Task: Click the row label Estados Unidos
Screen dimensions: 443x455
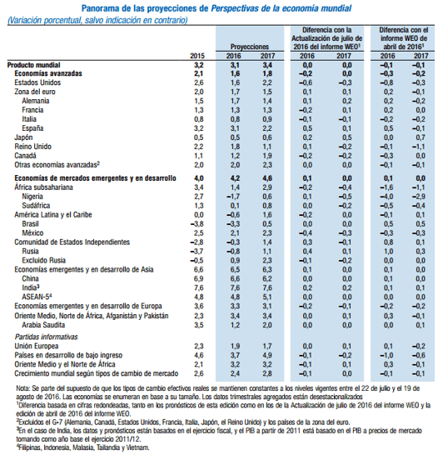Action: click(x=37, y=82)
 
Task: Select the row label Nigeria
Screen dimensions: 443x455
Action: click(x=32, y=197)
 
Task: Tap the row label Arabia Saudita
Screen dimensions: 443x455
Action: click(x=43, y=325)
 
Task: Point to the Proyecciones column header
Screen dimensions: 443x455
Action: click(x=249, y=47)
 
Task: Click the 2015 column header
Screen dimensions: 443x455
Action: click(x=197, y=56)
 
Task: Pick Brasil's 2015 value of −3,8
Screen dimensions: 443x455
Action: click(x=197, y=224)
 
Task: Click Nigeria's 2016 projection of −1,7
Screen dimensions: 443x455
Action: click(x=233, y=197)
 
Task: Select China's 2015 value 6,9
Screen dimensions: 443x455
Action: click(x=198, y=279)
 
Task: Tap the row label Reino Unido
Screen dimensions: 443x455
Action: click(x=32, y=147)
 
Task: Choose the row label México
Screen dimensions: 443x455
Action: click(x=32, y=233)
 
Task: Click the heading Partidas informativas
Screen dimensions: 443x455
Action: click(x=47, y=337)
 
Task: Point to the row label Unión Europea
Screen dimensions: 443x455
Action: click(x=37, y=346)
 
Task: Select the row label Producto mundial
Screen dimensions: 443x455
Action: click(x=33, y=65)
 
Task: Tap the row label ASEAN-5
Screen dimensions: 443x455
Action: click(x=37, y=297)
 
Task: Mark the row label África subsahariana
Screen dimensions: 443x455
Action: click(x=43, y=187)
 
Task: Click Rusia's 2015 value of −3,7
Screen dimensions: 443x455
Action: click(x=197, y=252)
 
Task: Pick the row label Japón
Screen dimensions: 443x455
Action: click(x=23, y=137)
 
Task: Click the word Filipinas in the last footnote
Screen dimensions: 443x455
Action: click(x=30, y=447)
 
